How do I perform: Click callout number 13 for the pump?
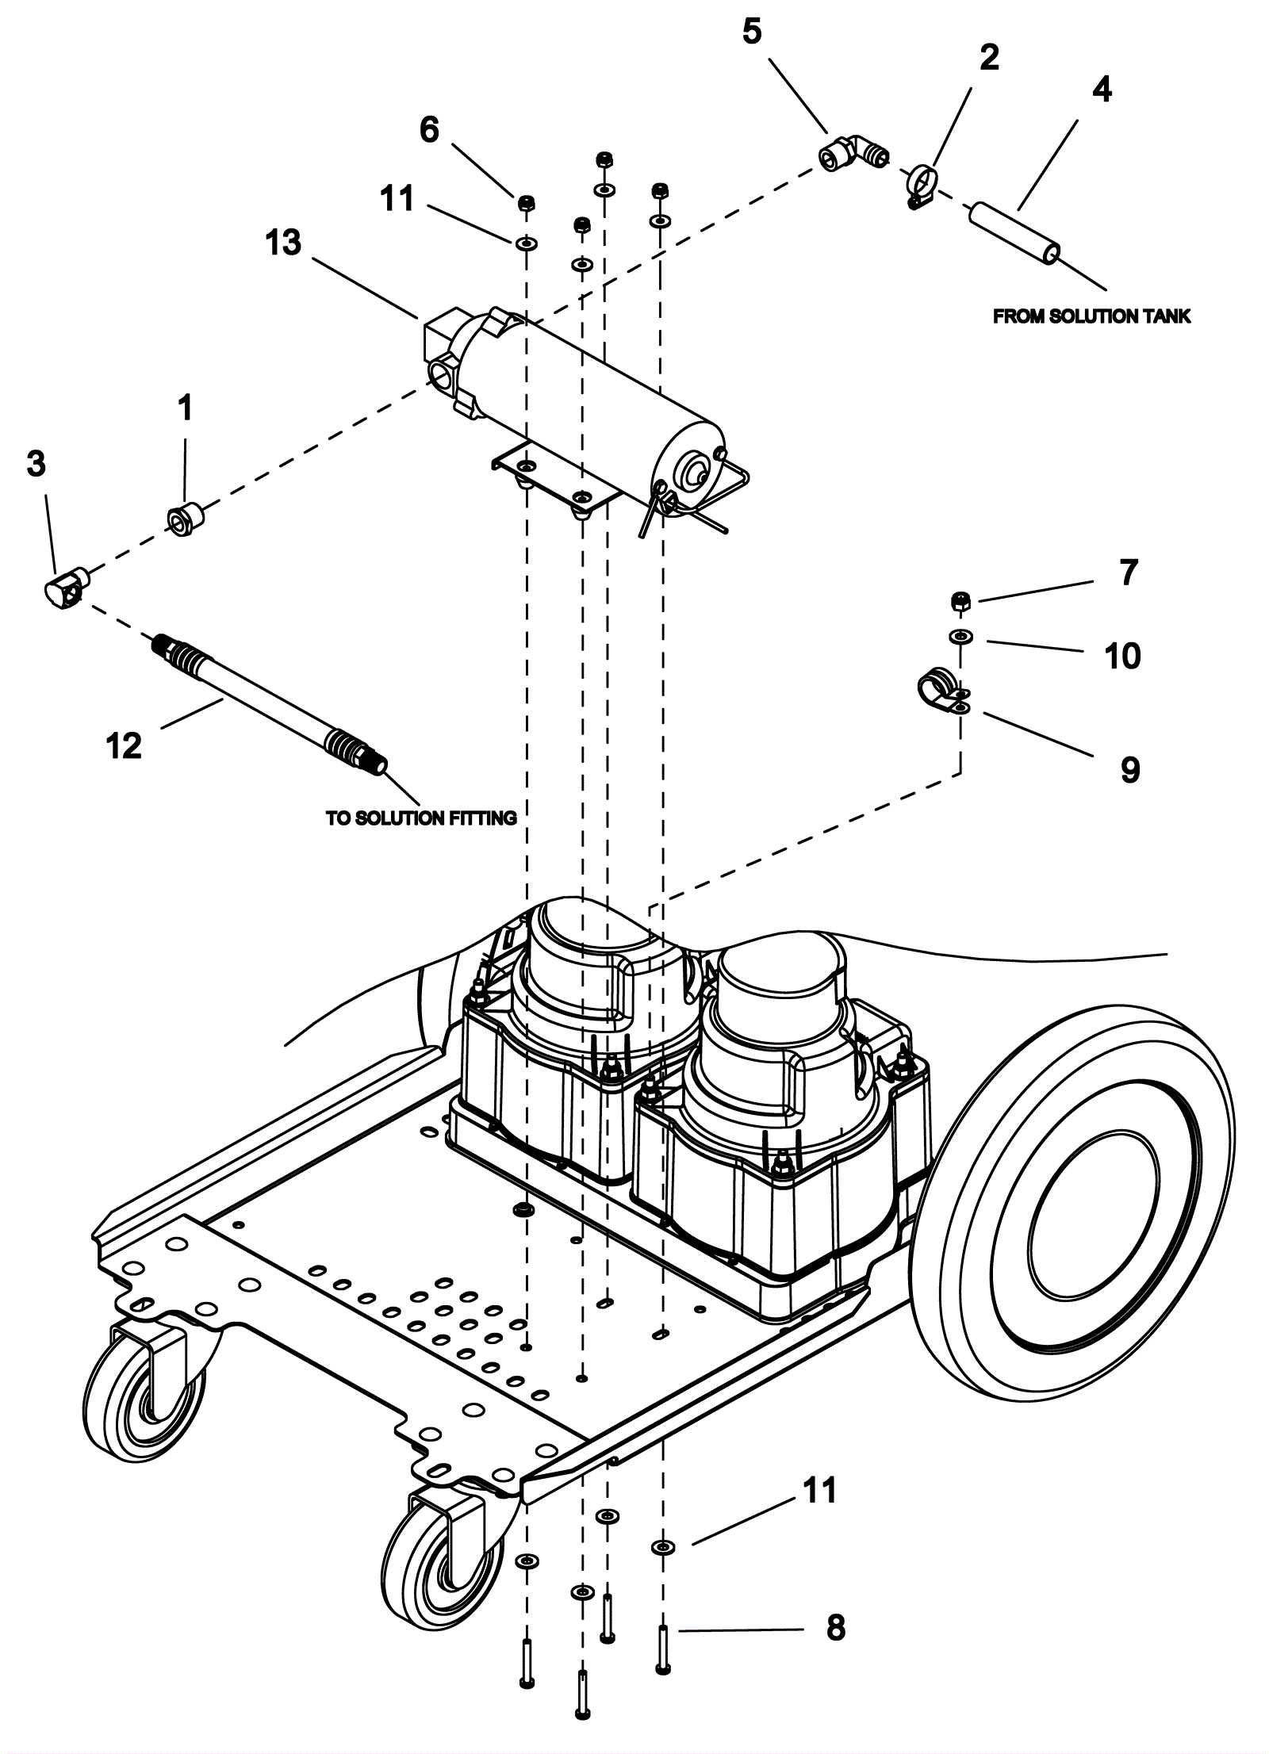(x=284, y=243)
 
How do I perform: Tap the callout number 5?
(x=751, y=33)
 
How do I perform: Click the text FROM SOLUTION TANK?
(x=1091, y=316)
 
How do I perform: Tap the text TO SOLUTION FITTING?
(x=421, y=818)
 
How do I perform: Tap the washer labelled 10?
(x=960, y=636)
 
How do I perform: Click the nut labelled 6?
(x=525, y=204)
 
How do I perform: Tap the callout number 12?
(x=124, y=746)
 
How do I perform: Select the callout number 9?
(x=1129, y=768)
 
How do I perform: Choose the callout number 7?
(x=1128, y=573)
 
